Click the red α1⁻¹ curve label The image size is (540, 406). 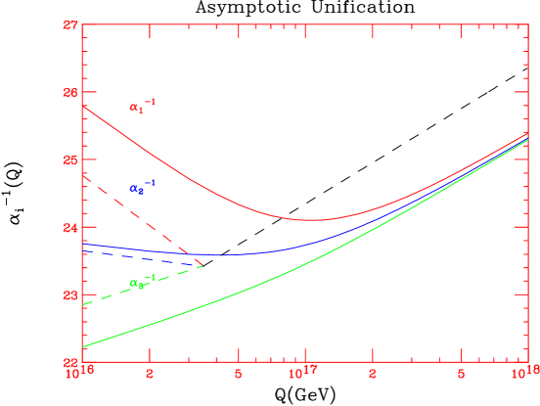[x=142, y=105]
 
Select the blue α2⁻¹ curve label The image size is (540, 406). [x=142, y=186]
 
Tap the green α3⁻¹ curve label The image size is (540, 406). [x=142, y=282]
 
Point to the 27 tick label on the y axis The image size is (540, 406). [x=70, y=24]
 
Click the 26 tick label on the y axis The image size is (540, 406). [x=70, y=92]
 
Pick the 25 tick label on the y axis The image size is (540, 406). [x=70, y=159]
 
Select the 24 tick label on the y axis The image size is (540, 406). [x=70, y=227]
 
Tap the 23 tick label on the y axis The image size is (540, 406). [x=70, y=294]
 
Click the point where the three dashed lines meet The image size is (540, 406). [x=202, y=265]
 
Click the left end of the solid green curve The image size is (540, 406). [x=83, y=347]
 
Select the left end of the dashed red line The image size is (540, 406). [x=83, y=173]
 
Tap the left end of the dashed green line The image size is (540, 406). [x=83, y=304]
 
